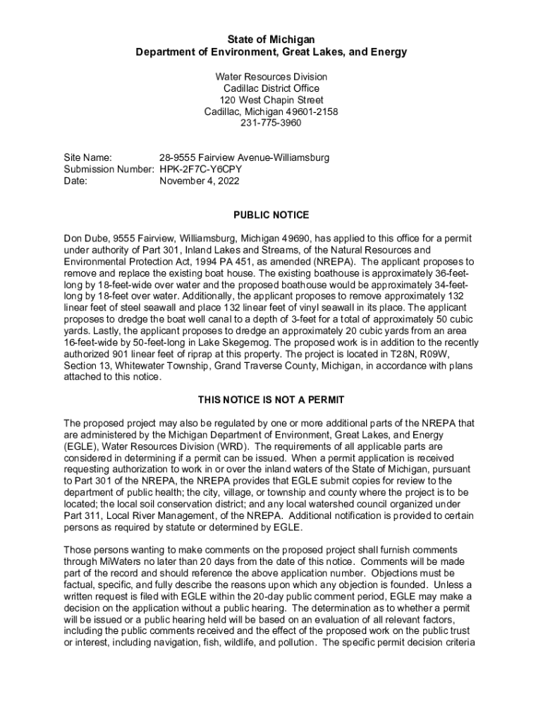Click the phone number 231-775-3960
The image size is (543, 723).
271,123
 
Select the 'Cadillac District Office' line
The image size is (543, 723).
271,88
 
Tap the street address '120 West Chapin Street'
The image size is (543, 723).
271,100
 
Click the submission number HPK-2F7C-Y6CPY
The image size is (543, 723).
200,169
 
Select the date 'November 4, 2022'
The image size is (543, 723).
200,181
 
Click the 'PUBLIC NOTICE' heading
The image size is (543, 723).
271,215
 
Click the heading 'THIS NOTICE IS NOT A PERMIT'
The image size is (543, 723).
271,400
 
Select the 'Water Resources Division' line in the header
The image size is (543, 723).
271,77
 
